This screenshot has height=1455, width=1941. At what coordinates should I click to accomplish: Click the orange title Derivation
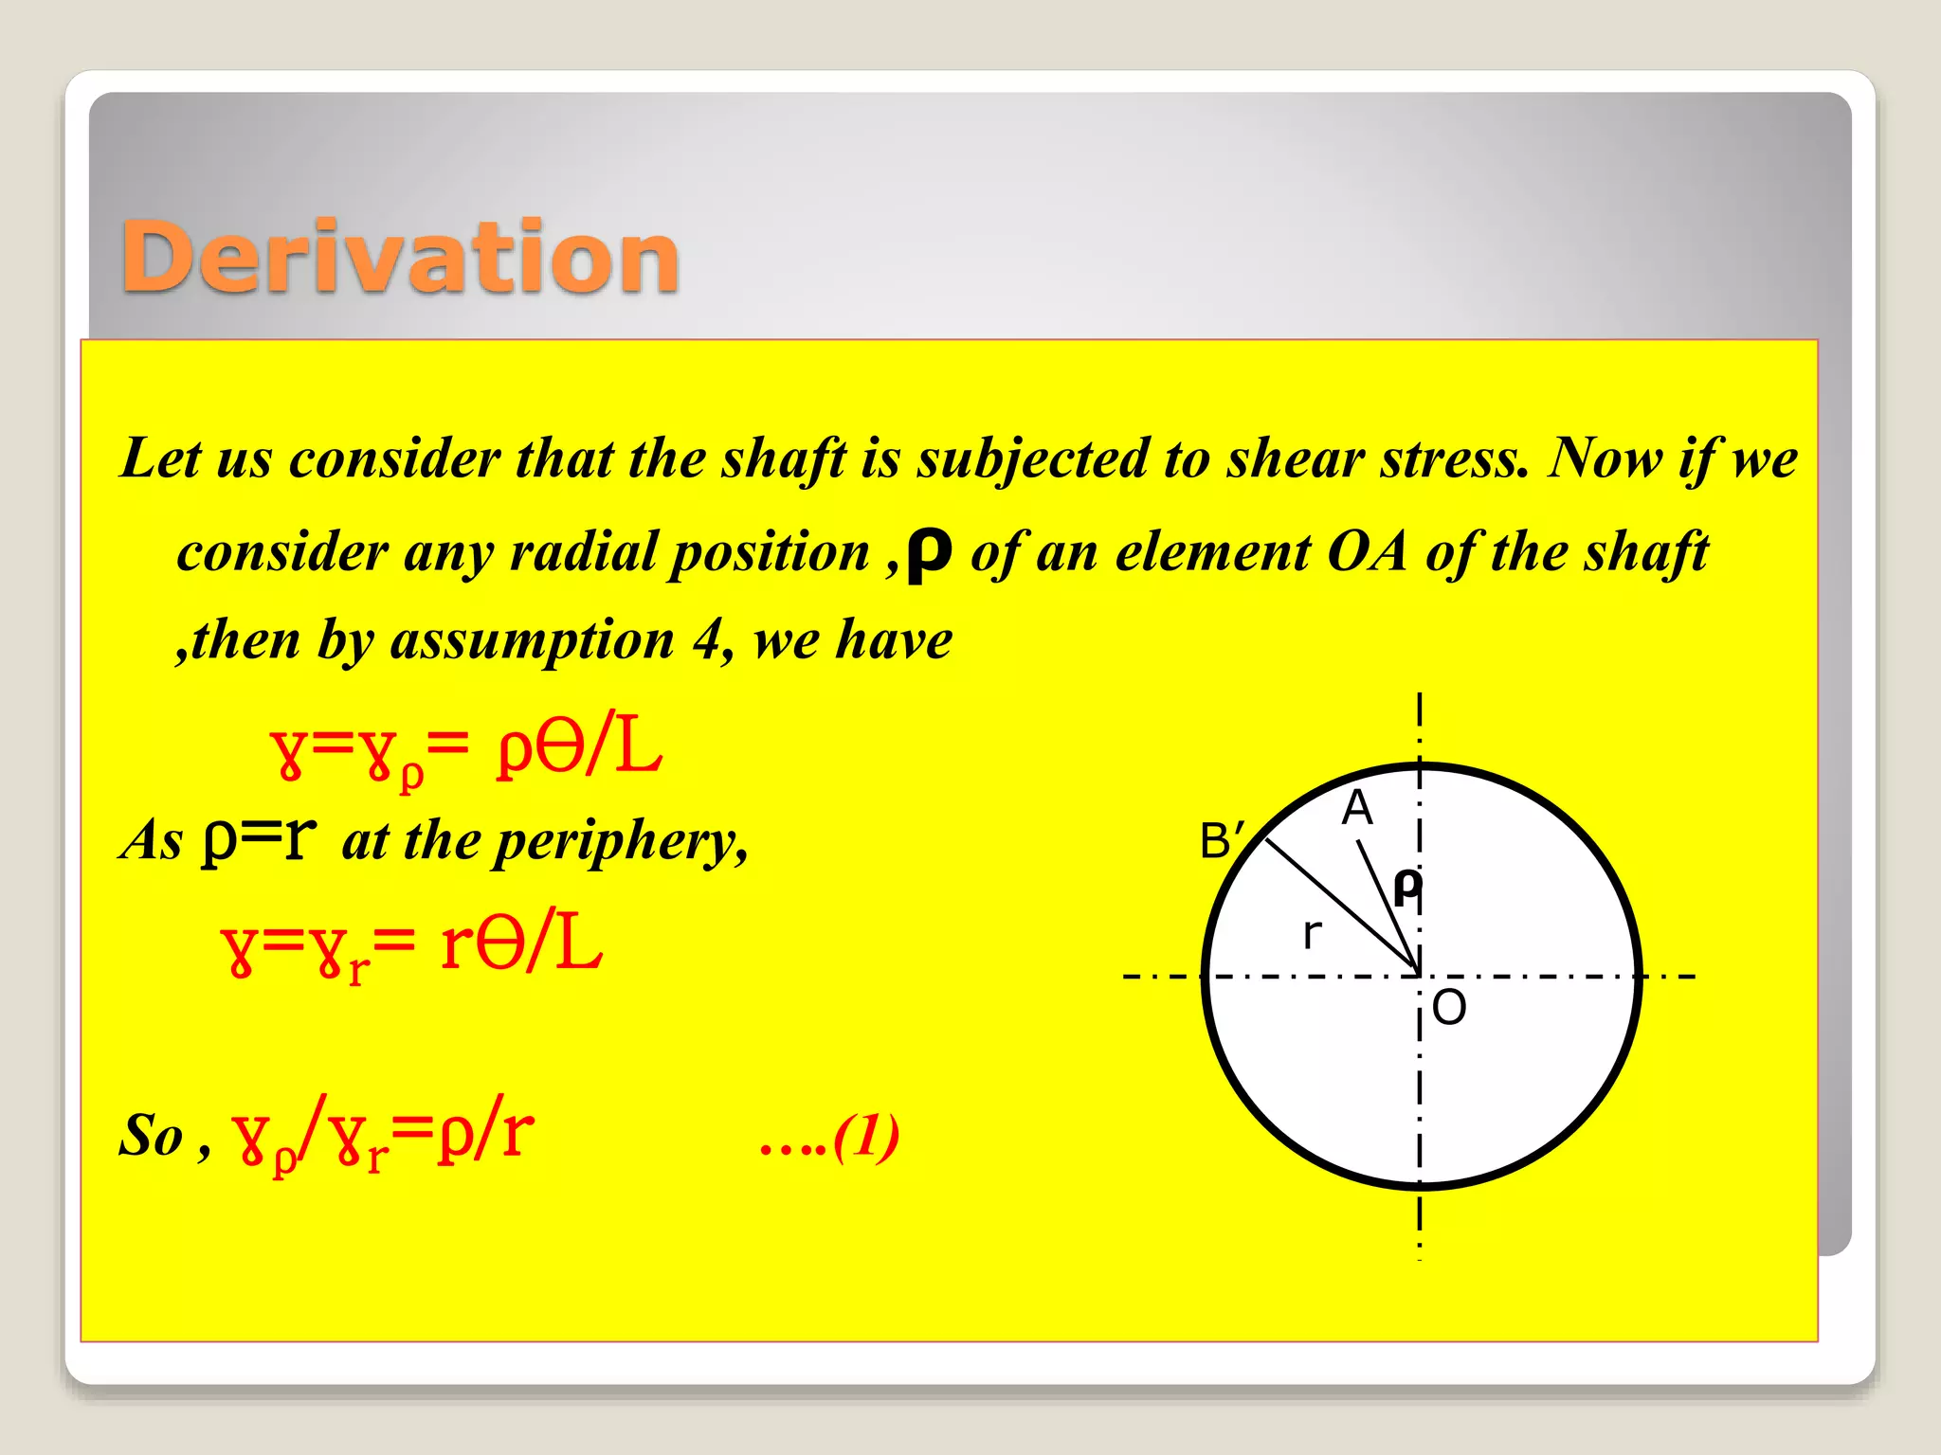[400, 258]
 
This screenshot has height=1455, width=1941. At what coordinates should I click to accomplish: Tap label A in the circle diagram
[1357, 808]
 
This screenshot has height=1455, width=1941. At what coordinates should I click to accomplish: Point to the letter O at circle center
[1449, 1007]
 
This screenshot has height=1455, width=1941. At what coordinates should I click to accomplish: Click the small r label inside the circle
[1312, 934]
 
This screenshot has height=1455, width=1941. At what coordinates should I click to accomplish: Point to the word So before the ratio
[151, 1136]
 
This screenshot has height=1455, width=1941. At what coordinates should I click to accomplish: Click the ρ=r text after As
[258, 839]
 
